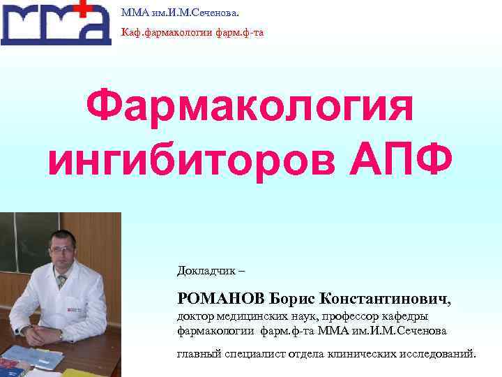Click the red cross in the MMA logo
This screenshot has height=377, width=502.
83,8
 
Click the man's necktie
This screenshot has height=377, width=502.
62,281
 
